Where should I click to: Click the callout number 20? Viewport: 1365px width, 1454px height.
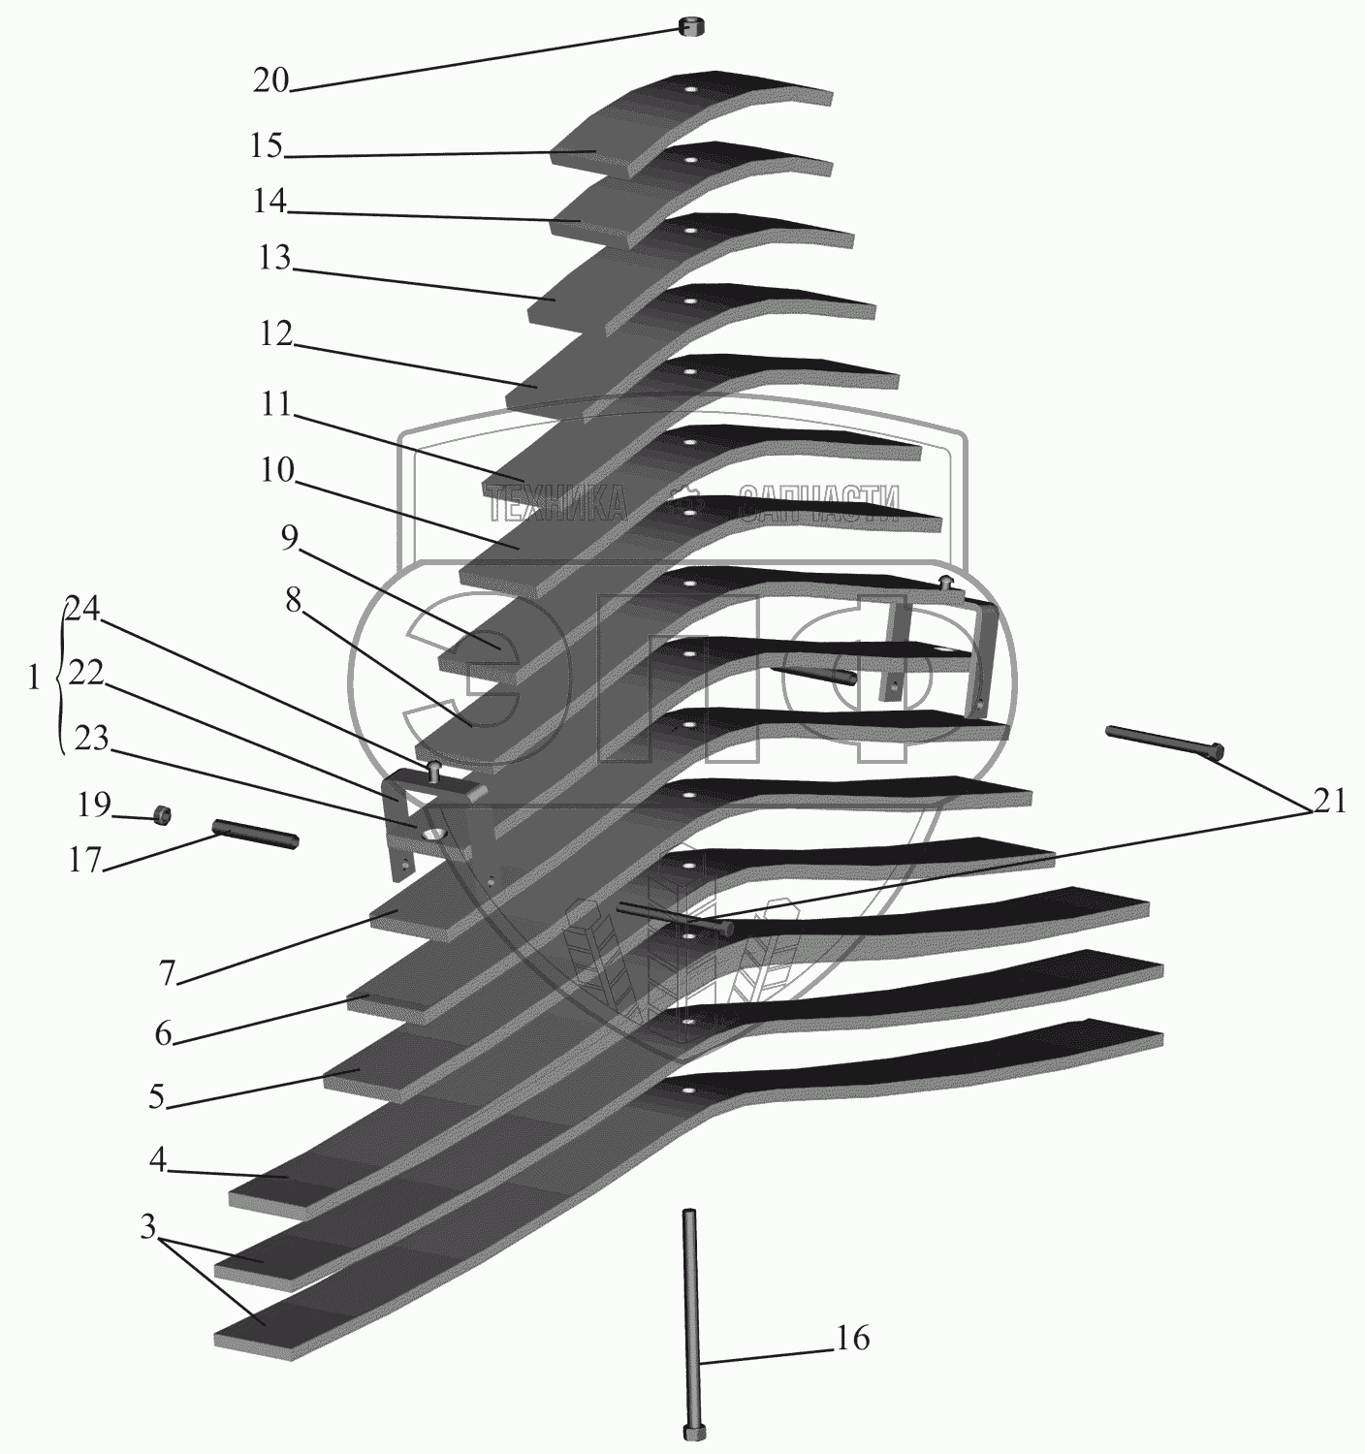271,81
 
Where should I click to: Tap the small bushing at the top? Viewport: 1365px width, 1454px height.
690,26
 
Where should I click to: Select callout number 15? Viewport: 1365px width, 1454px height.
264,146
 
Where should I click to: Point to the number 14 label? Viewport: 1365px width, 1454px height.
269,202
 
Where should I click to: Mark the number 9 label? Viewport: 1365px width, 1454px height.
290,538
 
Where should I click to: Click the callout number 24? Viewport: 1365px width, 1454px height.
82,608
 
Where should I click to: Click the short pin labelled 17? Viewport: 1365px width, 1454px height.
255,833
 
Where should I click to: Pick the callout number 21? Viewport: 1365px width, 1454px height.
1329,801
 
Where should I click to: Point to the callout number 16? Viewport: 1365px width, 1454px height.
852,1340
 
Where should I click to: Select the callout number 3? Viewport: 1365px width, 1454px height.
147,1227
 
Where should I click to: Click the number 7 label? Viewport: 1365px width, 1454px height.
168,973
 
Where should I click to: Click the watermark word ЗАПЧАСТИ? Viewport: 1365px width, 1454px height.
819,503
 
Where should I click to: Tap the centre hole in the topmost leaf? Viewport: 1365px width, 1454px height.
689,91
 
